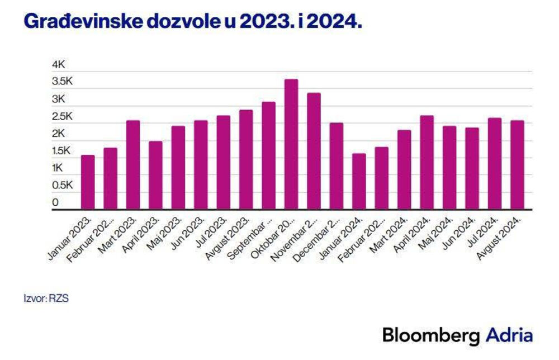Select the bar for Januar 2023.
pos(88,182)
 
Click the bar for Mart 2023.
pos(133,165)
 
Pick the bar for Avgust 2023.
pos(246,159)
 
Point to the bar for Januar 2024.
pos(359,181)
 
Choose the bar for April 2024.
pos(427,162)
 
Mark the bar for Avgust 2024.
pos(517,165)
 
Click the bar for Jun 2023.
pos(201,165)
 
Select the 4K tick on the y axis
pos(59,65)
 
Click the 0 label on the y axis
pos(55,202)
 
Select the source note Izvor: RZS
pos(46,299)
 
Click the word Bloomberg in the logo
pos(431,335)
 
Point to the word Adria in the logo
pos(509,335)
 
